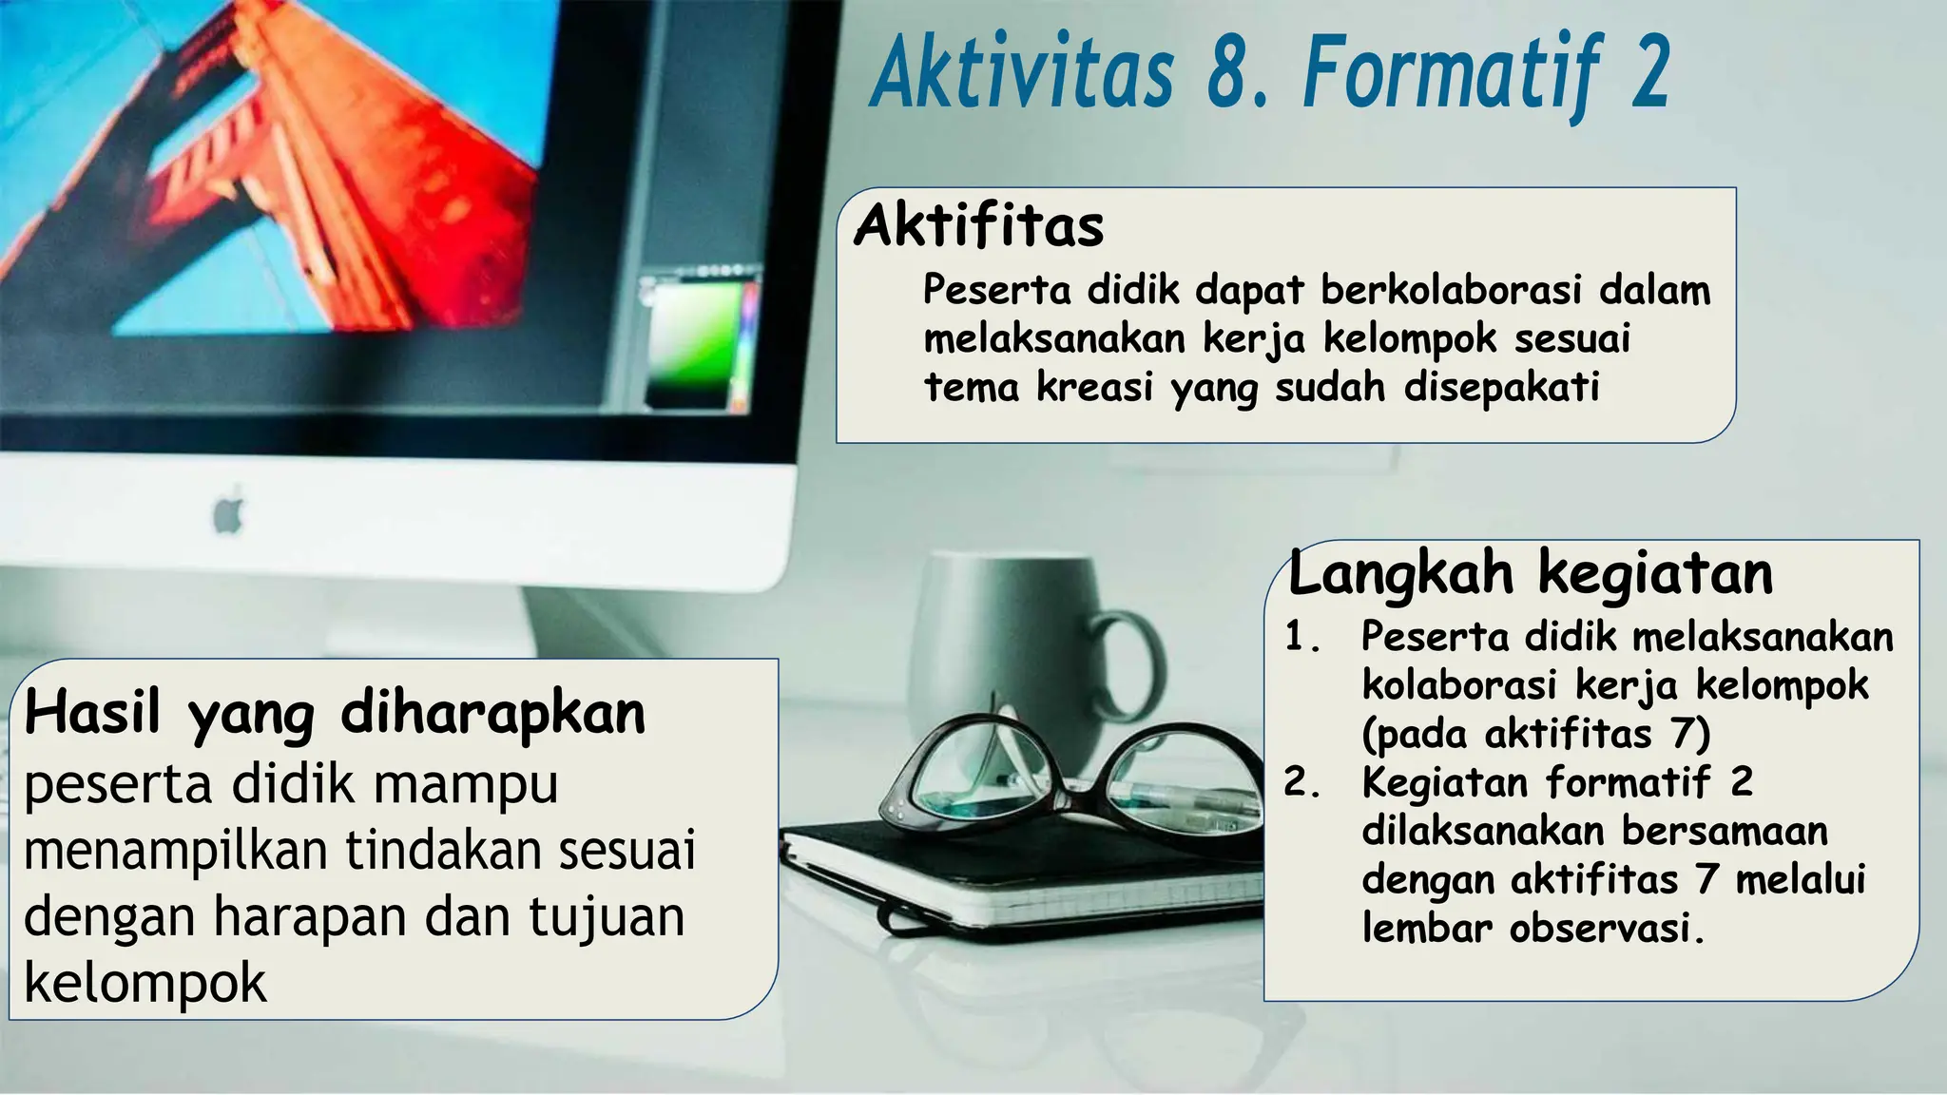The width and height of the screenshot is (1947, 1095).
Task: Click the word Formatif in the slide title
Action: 1446,74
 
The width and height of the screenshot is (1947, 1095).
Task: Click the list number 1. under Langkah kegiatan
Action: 1301,638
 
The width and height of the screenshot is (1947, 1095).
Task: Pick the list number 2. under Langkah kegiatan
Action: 1301,782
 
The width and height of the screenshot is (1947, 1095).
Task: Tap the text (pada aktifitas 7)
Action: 1535,734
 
